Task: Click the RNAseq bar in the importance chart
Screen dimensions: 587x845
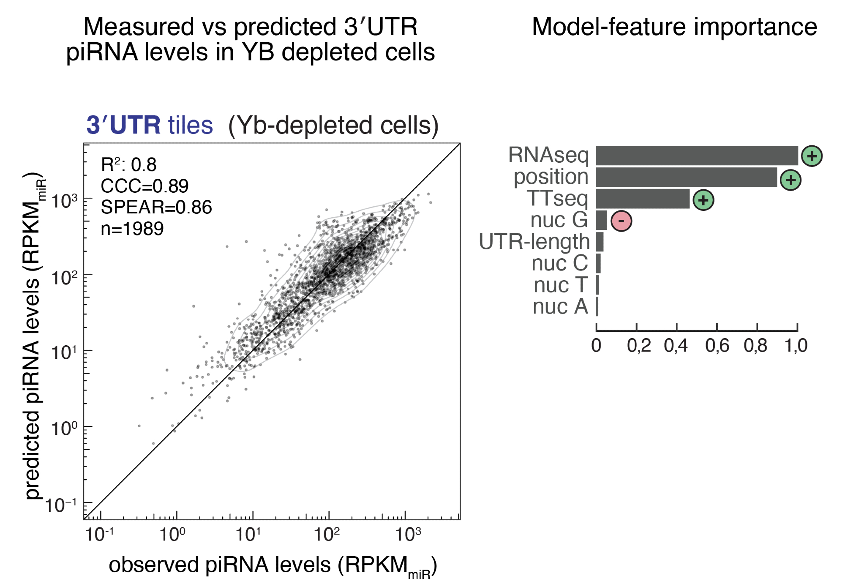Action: [696, 156]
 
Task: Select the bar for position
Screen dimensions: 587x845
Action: [686, 177]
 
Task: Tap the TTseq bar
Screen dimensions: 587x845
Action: [642, 199]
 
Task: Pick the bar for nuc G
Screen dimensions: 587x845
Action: [601, 220]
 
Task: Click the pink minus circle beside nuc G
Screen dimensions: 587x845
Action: [621, 221]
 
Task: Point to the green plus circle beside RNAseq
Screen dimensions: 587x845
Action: [812, 156]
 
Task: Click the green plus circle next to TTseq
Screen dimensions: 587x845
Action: [703, 200]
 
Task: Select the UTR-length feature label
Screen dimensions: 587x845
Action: [534, 242]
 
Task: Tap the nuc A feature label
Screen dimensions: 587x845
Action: [560, 306]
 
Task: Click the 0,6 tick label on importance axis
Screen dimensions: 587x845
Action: [717, 346]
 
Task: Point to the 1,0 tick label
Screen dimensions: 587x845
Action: [796, 346]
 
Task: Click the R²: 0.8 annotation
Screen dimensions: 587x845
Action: [128, 164]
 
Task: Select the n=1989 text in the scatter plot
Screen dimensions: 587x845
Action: [132, 229]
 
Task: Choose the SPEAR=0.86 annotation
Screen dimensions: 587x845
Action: [156, 207]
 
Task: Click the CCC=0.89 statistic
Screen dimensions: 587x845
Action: [144, 186]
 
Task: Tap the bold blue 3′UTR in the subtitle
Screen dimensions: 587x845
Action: [123, 125]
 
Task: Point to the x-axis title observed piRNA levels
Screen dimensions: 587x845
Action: [273, 565]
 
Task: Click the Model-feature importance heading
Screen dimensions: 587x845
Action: [674, 27]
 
